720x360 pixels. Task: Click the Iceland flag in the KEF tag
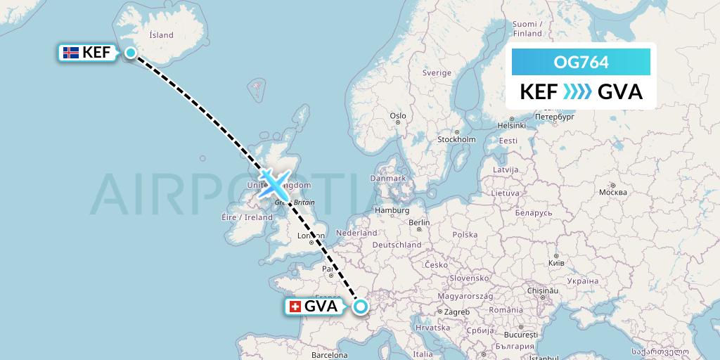[x=70, y=52]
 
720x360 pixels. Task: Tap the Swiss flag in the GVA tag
[x=295, y=306]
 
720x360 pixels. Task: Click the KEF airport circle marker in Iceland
[x=130, y=51]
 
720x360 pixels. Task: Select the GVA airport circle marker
[x=361, y=306]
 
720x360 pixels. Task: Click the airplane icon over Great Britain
[x=273, y=183]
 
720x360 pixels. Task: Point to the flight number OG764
[x=581, y=63]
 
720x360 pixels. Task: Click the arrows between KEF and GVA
[x=577, y=91]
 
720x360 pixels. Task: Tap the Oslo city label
[x=398, y=116]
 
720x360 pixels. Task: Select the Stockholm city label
[x=456, y=139]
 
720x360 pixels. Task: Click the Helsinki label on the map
[x=511, y=125]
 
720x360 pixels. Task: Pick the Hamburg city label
[x=392, y=210]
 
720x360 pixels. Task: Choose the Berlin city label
[x=419, y=223]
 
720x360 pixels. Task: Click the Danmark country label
[x=390, y=179]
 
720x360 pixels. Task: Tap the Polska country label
[x=465, y=235]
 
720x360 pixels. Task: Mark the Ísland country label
[x=161, y=34]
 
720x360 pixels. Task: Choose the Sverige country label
[x=437, y=73]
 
